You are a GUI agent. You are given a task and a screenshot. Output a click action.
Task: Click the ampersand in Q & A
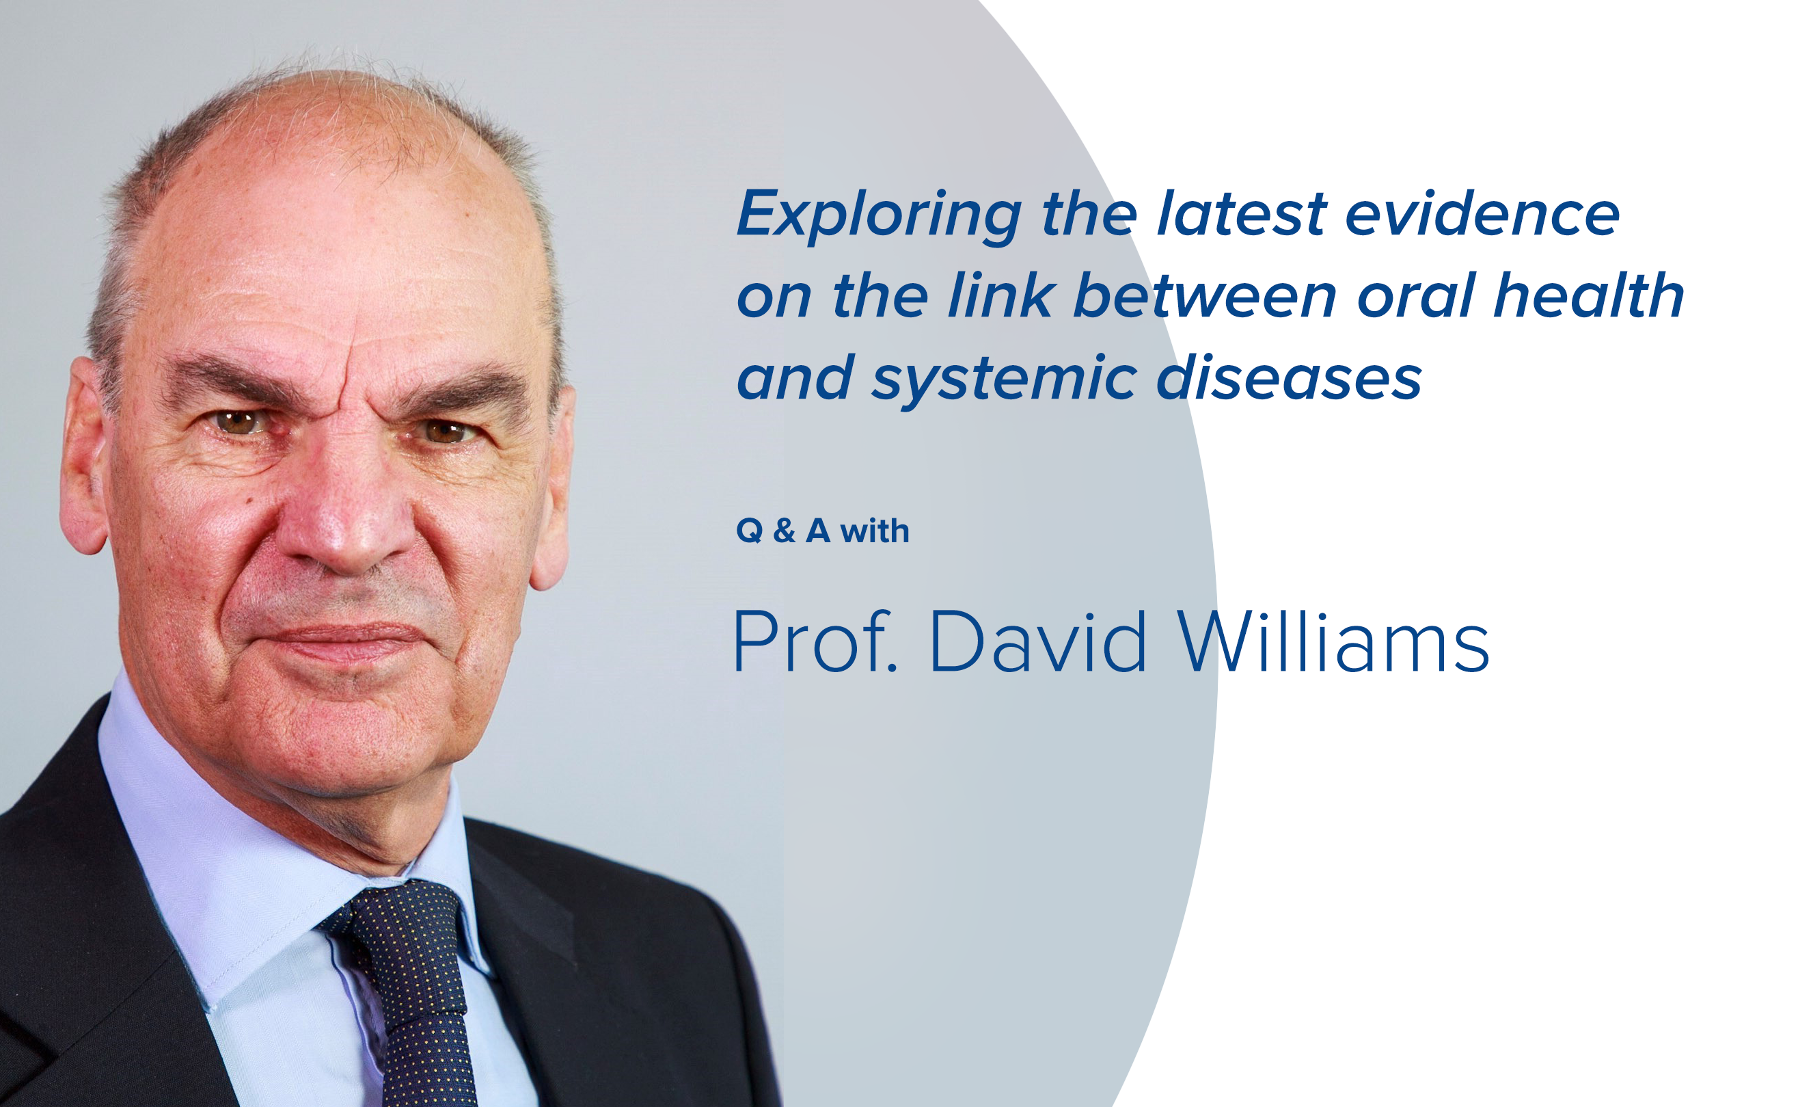[784, 531]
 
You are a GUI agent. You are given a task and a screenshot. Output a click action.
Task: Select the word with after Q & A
[875, 530]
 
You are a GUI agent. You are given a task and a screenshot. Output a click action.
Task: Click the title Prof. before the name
[815, 641]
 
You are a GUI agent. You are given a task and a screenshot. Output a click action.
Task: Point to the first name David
[1038, 641]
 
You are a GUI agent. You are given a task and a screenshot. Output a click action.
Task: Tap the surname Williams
[1333, 641]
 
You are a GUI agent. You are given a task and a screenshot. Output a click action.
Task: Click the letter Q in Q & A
[750, 531]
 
